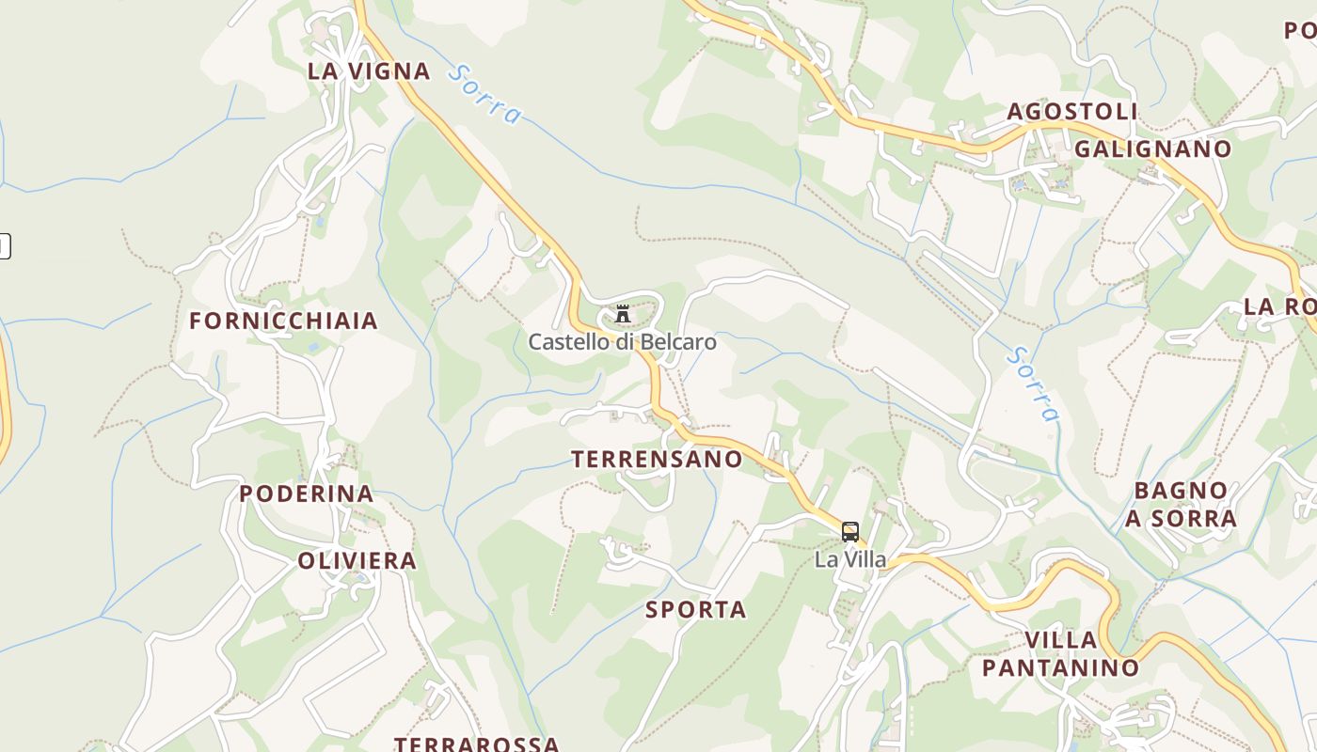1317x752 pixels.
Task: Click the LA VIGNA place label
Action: point(369,70)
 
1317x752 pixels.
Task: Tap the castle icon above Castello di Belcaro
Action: point(623,314)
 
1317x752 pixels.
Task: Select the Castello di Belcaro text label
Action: point(622,342)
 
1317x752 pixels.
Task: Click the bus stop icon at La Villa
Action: point(850,532)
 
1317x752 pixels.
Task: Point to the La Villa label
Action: point(850,559)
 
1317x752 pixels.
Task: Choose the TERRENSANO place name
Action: point(657,459)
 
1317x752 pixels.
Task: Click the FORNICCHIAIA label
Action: point(283,321)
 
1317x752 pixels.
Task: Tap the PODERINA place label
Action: point(306,493)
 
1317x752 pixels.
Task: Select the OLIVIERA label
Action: point(357,561)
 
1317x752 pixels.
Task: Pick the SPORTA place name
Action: point(696,610)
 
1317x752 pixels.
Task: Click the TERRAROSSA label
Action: point(476,744)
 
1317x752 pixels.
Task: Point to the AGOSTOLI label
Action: point(1072,112)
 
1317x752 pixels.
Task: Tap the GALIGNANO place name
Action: point(1152,149)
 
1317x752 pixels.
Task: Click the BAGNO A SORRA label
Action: point(1181,504)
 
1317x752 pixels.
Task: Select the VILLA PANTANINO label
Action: point(1060,654)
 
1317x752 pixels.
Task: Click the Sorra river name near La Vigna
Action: point(484,94)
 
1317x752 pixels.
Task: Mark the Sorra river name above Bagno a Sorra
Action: point(1033,384)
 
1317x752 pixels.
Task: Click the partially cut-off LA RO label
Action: point(1279,306)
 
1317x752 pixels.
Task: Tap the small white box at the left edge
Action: point(4,246)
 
